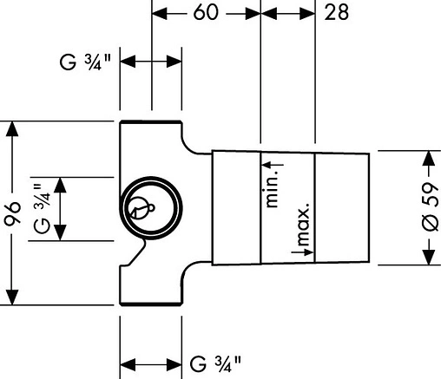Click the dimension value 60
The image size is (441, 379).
(x=205, y=12)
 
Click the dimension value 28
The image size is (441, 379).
(x=336, y=12)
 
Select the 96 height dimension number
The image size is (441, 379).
(x=12, y=212)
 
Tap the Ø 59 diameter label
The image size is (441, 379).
(x=431, y=206)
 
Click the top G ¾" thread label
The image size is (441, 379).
(x=85, y=62)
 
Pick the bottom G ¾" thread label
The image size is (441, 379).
(x=215, y=364)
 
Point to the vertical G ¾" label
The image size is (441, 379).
(x=43, y=208)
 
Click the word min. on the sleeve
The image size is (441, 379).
(x=272, y=188)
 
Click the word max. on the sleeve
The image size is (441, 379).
(x=303, y=223)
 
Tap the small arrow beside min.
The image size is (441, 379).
(x=273, y=165)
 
